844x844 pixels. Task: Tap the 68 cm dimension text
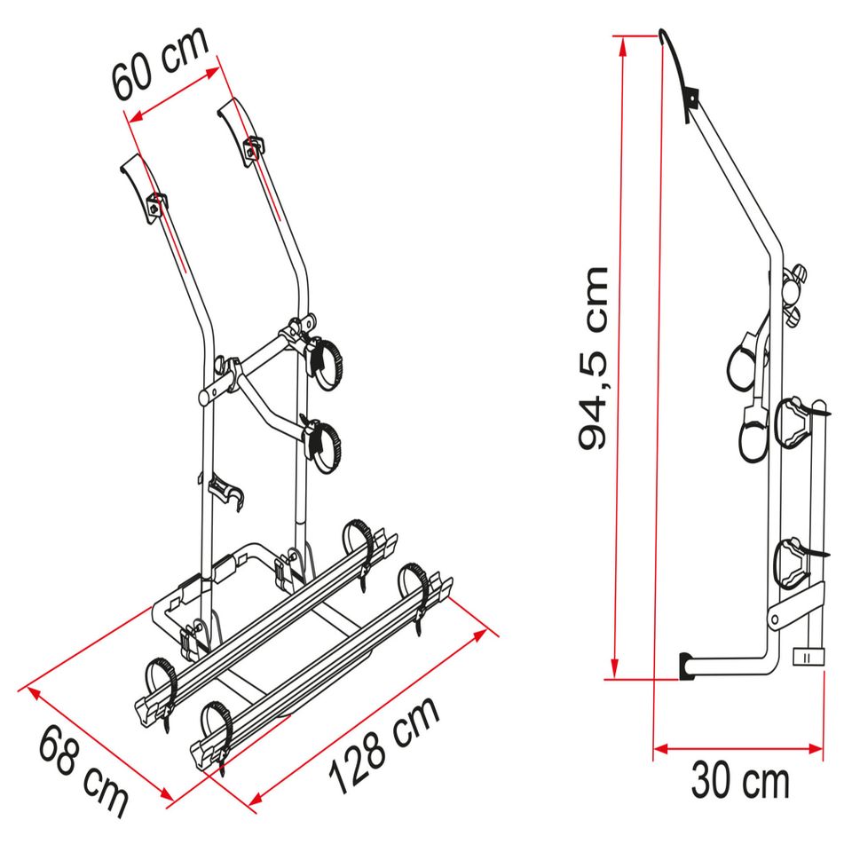83,770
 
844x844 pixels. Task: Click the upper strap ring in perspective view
325,362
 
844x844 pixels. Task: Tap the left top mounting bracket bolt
157,202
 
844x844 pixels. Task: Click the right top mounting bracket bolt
254,148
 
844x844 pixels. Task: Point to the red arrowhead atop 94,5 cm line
622,41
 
